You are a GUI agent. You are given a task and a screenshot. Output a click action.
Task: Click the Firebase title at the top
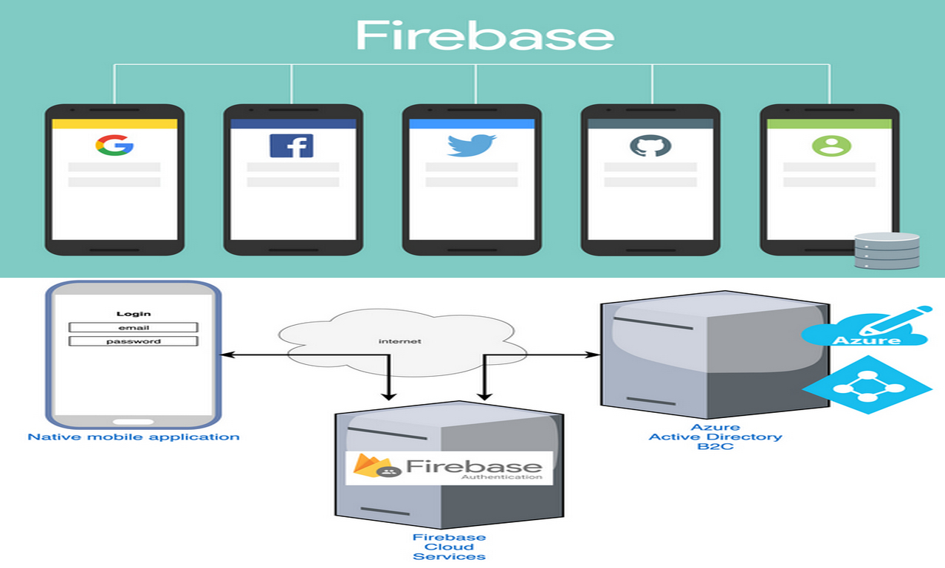pyautogui.click(x=484, y=35)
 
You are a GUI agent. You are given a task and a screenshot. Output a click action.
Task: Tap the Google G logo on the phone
pyautogui.click(x=114, y=145)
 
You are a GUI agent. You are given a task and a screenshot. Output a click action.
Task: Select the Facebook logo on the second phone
pyautogui.click(x=292, y=146)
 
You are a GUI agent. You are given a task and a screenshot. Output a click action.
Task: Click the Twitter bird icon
pyautogui.click(x=471, y=145)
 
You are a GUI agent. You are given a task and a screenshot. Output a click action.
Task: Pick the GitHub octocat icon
pyautogui.click(x=650, y=145)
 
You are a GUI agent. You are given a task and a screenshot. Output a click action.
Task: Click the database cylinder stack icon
pyautogui.click(x=886, y=251)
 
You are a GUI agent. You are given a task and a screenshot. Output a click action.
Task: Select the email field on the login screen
pyautogui.click(x=133, y=327)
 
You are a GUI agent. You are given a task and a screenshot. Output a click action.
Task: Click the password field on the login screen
pyautogui.click(x=133, y=341)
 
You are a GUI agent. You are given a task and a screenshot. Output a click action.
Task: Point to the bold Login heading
pyautogui.click(x=133, y=313)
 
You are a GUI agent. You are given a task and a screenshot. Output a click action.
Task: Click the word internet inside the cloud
pyautogui.click(x=399, y=341)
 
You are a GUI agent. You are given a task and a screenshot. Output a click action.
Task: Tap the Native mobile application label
pyautogui.click(x=134, y=437)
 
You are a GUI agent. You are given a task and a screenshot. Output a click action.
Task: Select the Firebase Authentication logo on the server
pyautogui.click(x=449, y=468)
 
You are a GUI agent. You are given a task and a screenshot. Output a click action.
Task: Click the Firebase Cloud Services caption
pyautogui.click(x=449, y=547)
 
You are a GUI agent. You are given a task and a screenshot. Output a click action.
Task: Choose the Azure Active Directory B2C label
pyautogui.click(x=715, y=437)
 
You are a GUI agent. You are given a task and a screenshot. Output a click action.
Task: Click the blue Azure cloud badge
pyautogui.click(x=865, y=332)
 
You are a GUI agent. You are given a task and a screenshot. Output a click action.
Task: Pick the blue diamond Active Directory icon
pyautogui.click(x=866, y=385)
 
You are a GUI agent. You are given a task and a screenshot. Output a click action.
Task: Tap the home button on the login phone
pyautogui.click(x=133, y=422)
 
